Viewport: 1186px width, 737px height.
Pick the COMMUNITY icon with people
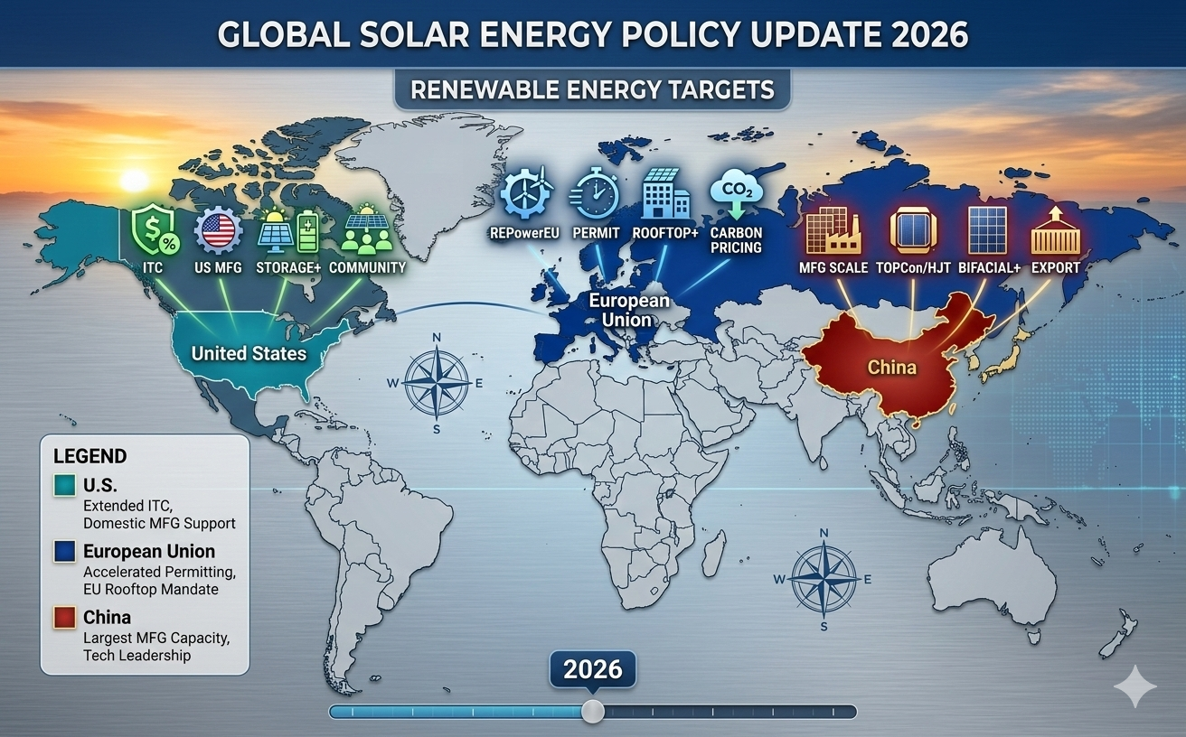[x=367, y=229]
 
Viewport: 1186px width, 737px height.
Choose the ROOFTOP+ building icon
[x=664, y=193]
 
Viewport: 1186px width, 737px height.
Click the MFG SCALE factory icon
[x=833, y=229]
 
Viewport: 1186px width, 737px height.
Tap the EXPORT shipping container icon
[x=1055, y=229]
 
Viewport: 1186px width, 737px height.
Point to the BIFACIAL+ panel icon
[x=987, y=229]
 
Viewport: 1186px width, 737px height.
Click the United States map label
[x=249, y=352]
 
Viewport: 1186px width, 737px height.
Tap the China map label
[x=891, y=367]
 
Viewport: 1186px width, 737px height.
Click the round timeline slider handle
[x=592, y=711]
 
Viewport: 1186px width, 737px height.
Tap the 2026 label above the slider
[x=592, y=669]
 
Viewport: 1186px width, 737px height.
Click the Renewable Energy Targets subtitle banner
[x=592, y=89]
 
